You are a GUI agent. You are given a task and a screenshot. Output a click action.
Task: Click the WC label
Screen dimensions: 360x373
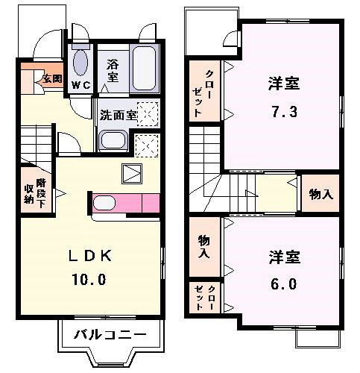click(x=81, y=85)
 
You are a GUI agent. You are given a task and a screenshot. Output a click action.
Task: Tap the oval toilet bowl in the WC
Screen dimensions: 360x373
click(x=80, y=63)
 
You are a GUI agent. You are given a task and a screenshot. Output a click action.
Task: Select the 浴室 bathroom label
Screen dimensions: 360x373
click(x=113, y=71)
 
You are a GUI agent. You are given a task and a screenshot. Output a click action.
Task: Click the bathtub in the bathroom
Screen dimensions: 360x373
click(x=145, y=68)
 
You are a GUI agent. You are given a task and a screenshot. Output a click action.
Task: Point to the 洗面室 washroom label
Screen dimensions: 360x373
click(x=119, y=115)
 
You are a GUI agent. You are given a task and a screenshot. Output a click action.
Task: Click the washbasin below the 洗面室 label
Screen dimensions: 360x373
click(x=113, y=140)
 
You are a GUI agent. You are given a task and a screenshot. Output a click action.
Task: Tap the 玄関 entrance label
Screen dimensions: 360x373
click(x=52, y=79)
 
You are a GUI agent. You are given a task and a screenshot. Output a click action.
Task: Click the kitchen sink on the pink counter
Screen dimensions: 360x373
click(x=104, y=203)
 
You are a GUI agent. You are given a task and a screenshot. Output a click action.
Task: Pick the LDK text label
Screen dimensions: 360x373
click(x=90, y=256)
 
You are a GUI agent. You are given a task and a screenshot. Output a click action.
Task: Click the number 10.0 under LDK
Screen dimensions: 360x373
click(x=89, y=279)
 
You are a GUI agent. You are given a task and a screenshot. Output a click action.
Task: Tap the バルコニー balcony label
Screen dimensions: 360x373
click(x=110, y=335)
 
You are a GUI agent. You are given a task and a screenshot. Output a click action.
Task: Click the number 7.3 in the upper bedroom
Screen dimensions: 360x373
click(x=284, y=111)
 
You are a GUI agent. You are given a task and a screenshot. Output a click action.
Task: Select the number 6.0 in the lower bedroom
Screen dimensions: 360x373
click(x=284, y=283)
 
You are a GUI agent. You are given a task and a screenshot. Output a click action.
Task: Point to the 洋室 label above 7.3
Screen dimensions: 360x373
click(x=284, y=84)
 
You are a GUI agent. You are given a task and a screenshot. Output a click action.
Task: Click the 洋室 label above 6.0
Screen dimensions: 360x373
click(x=285, y=257)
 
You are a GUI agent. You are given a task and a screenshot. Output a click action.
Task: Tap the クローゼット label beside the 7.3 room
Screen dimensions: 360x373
click(x=203, y=93)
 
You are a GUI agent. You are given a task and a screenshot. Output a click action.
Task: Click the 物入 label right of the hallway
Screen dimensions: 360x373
click(x=321, y=194)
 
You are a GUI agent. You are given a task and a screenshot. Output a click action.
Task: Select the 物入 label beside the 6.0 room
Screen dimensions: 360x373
click(x=204, y=246)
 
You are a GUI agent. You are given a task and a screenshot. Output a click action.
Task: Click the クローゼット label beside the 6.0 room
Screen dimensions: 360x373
click(x=204, y=298)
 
